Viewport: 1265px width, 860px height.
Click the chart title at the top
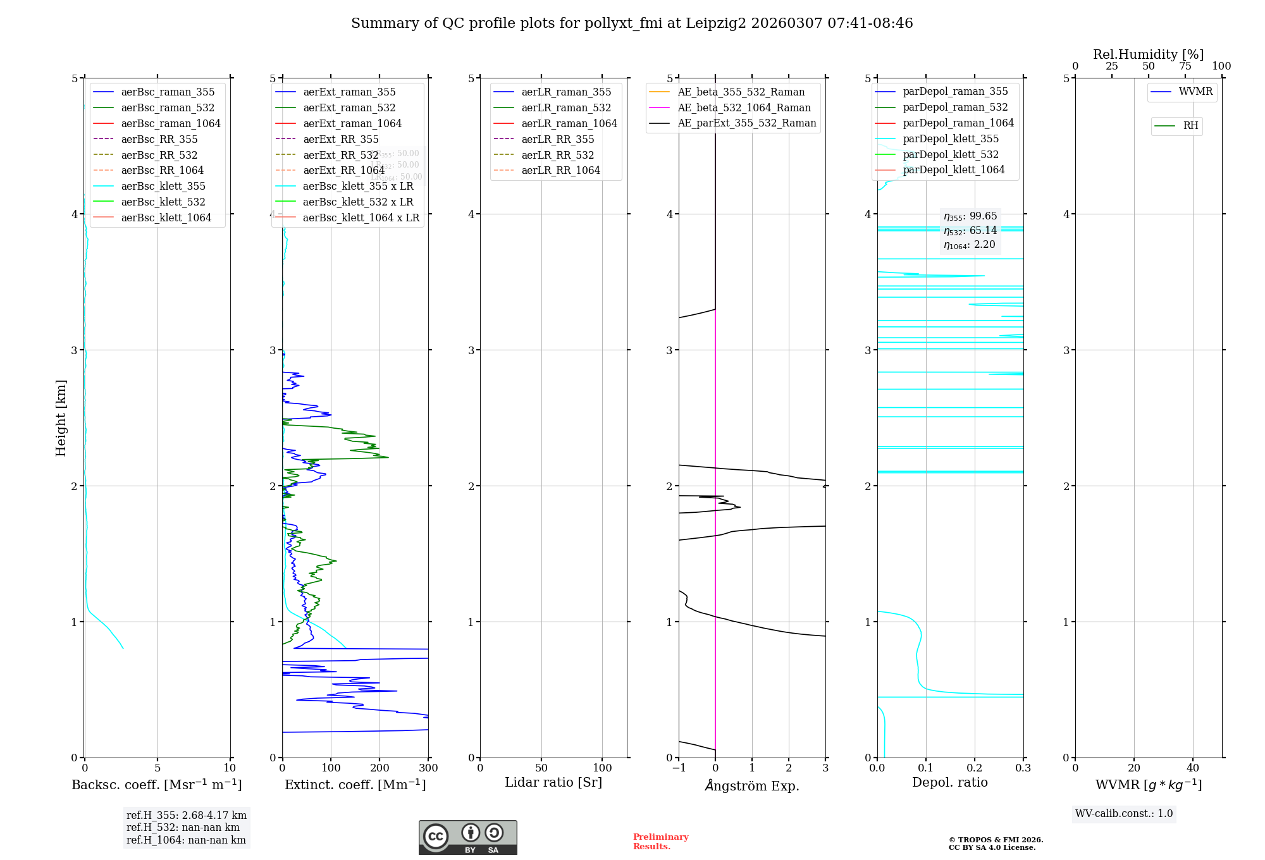click(x=632, y=23)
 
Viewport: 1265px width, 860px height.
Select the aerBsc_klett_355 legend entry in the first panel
click(x=163, y=186)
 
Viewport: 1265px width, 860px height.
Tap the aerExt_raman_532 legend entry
click(x=349, y=107)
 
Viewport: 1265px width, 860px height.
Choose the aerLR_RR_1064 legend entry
click(x=560, y=170)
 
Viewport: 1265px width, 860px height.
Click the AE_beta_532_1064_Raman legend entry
click(x=744, y=107)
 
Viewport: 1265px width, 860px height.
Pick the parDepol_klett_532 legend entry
click(x=951, y=154)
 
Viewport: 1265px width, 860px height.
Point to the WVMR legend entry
click(x=1195, y=92)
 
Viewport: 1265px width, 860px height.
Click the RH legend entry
click(x=1190, y=126)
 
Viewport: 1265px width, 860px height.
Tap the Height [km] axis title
click(x=61, y=417)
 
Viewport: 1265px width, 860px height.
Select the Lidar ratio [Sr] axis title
click(x=553, y=782)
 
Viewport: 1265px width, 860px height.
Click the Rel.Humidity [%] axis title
click(x=1148, y=54)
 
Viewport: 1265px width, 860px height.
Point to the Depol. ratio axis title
click(x=949, y=782)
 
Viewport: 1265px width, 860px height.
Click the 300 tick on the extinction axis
click(x=428, y=768)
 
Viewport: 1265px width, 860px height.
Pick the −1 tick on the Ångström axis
click(x=679, y=768)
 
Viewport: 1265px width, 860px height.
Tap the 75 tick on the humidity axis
click(x=1185, y=66)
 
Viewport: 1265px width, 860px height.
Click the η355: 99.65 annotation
click(x=970, y=216)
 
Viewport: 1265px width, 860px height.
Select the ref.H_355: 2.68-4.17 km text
click(x=187, y=815)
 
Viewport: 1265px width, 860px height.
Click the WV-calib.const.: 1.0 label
click(x=1124, y=814)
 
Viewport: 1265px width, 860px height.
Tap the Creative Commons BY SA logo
click(x=467, y=837)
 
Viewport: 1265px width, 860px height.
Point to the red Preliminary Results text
click(x=660, y=841)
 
